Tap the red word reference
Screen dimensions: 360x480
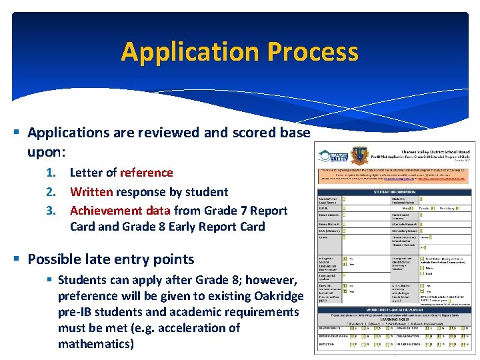[147, 173]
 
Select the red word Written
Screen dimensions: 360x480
[91, 192]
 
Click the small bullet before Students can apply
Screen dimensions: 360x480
[49, 280]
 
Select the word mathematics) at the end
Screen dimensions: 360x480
[96, 344]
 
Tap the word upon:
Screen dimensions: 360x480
[46, 152]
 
